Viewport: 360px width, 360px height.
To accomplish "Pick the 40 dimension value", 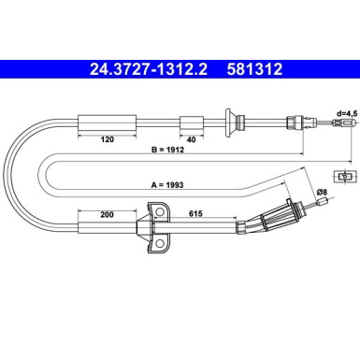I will click(x=191, y=137).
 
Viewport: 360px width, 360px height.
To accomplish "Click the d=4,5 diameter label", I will click(x=347, y=112).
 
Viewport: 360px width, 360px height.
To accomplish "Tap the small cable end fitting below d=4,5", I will click(x=345, y=125).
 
